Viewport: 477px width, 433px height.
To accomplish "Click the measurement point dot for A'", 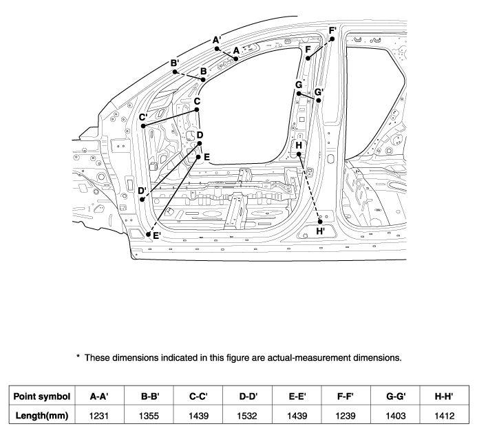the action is [x=217, y=49].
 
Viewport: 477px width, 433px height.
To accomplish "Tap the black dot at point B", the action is [x=203, y=80].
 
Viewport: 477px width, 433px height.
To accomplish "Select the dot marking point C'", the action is [x=143, y=126].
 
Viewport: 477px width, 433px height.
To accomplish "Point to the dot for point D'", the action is [x=142, y=200].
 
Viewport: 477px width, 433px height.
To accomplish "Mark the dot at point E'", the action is [x=148, y=234].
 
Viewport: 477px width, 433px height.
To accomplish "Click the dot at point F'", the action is [x=332, y=39].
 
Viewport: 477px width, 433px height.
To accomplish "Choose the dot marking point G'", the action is [x=319, y=100].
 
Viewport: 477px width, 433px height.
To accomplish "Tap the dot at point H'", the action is [x=320, y=222].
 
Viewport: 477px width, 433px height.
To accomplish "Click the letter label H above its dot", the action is [x=299, y=145].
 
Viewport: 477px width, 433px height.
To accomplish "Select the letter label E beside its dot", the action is [x=207, y=158].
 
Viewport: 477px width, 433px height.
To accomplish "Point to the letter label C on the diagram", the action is [x=197, y=101].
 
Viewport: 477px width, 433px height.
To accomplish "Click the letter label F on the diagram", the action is [x=308, y=50].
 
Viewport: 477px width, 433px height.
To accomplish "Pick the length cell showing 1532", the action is [x=247, y=416].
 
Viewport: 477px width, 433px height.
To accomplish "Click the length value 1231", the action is [x=99, y=416].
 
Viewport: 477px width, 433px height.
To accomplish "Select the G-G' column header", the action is [x=396, y=397].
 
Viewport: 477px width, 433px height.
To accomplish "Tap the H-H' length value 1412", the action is [x=445, y=416].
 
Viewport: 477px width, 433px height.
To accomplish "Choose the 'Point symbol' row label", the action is [x=42, y=397].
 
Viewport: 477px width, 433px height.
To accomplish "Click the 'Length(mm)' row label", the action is [x=42, y=415].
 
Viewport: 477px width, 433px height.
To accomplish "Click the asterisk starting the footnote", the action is [x=78, y=356].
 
